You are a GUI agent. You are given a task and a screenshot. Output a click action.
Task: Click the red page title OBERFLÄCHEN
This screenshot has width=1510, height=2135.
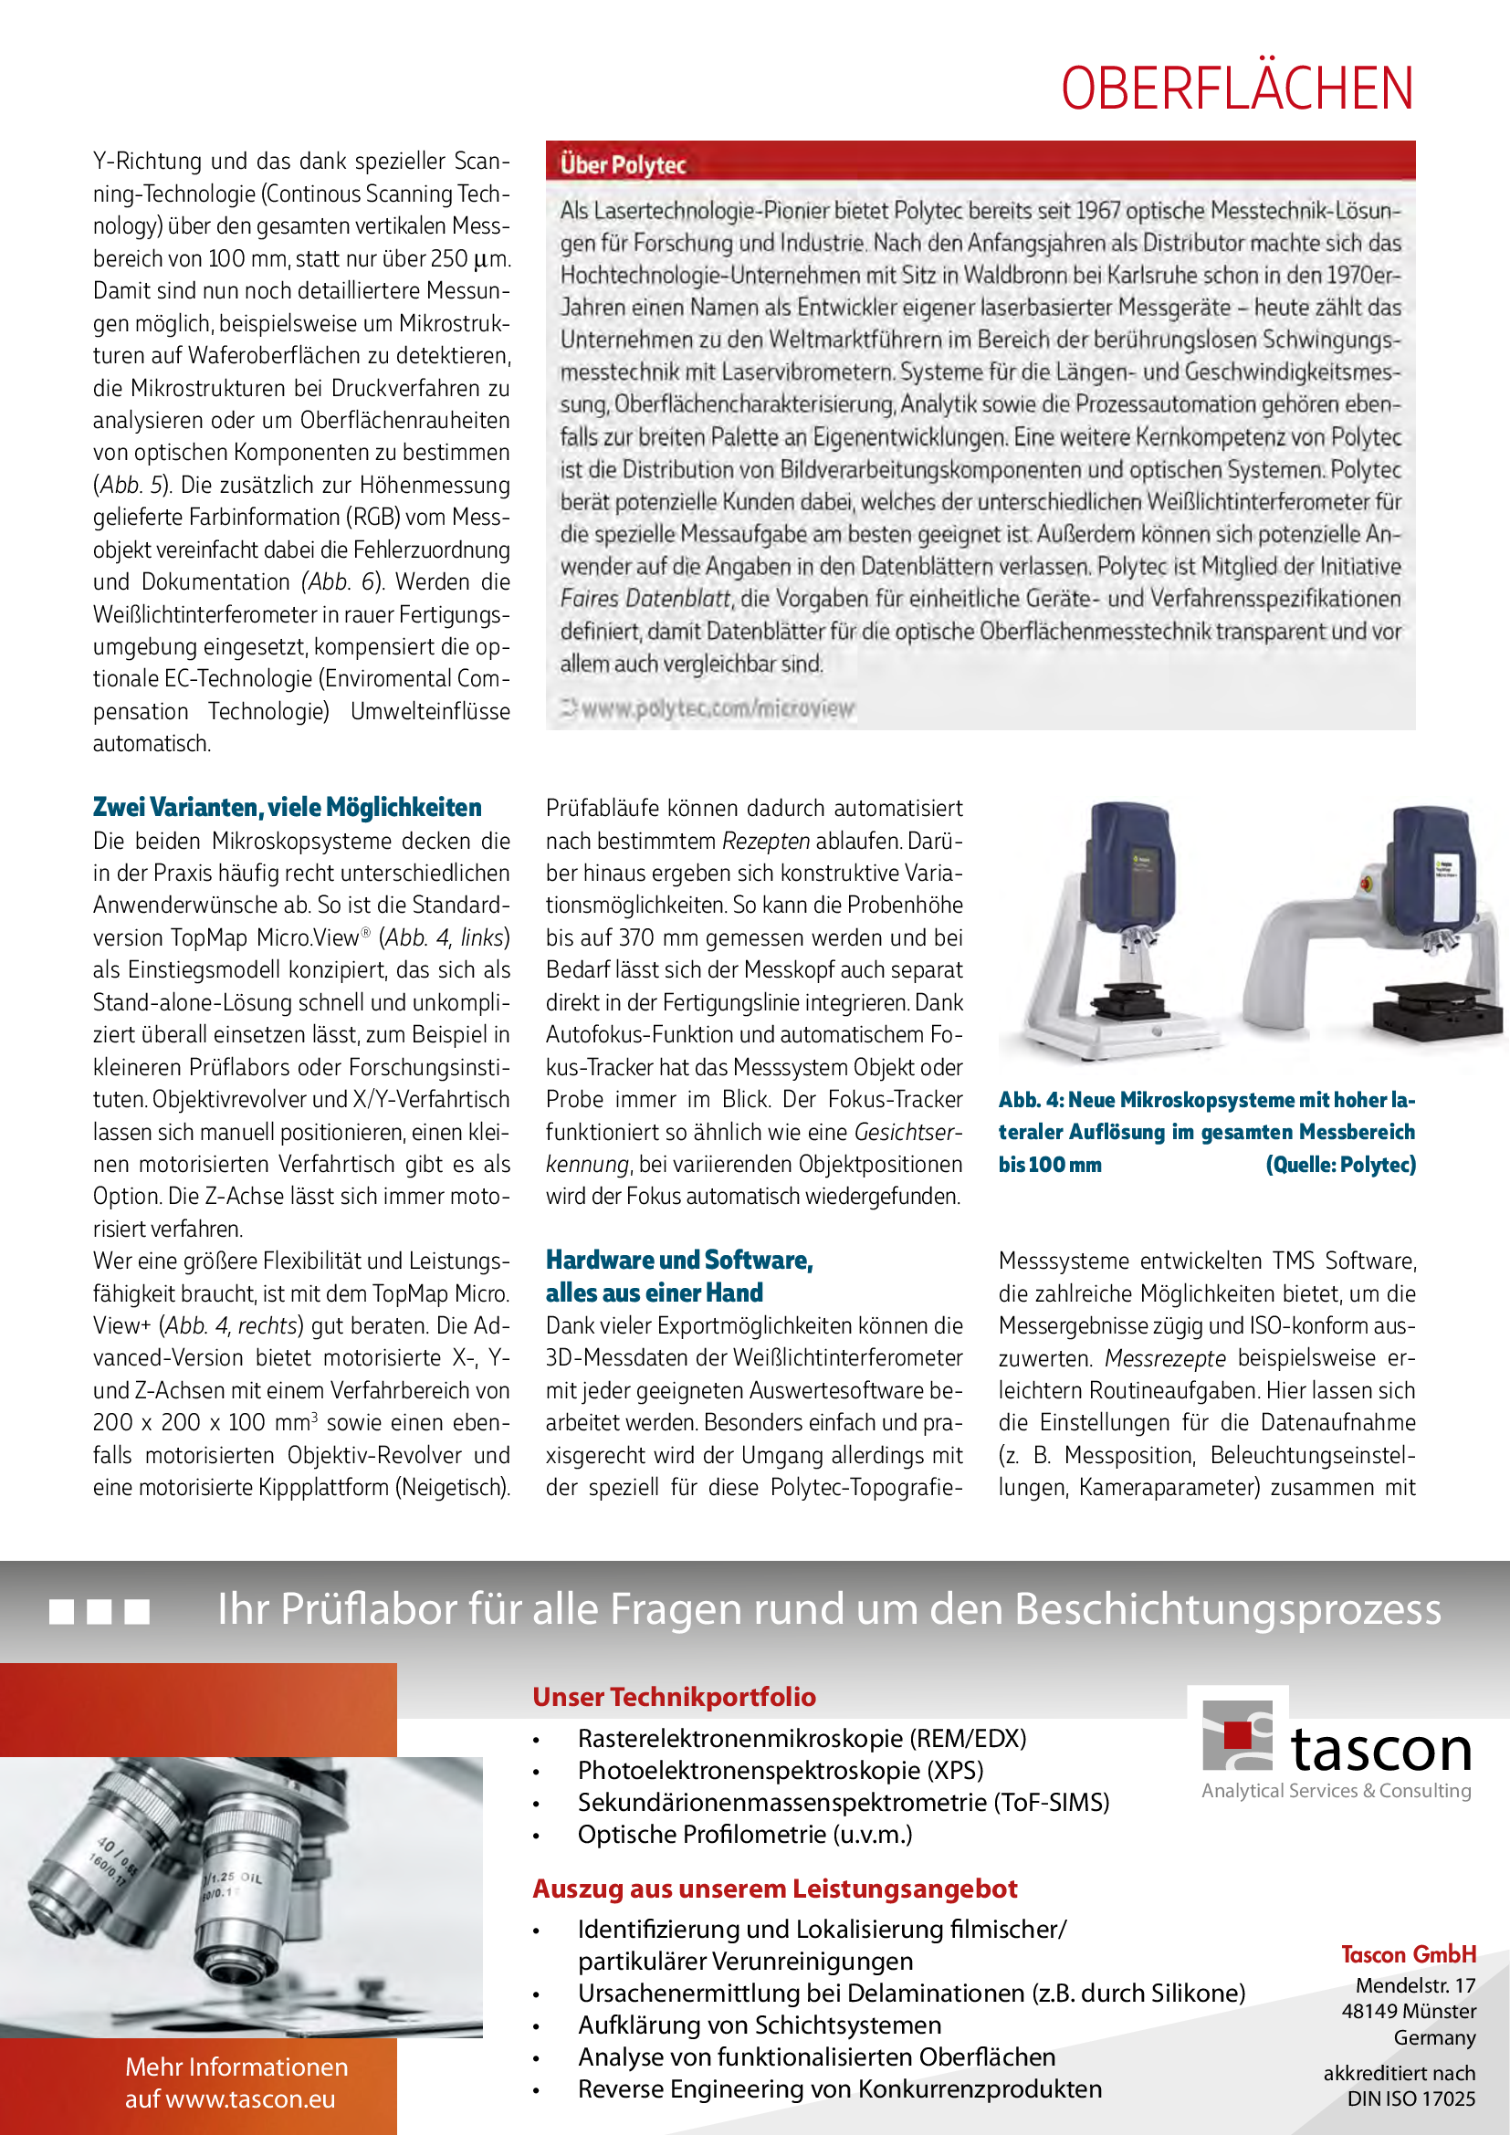[x=1237, y=89]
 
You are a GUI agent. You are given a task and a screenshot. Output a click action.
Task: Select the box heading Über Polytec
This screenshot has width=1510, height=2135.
[x=622, y=165]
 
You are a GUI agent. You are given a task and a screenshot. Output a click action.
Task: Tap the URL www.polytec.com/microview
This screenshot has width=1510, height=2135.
[x=717, y=708]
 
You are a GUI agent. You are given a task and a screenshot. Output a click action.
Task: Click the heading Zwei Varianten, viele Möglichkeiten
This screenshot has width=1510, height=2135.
[x=287, y=807]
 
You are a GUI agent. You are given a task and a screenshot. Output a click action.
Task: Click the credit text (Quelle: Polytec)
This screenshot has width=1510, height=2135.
[x=1340, y=1165]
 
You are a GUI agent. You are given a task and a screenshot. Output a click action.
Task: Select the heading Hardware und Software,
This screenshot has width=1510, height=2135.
[x=678, y=1260]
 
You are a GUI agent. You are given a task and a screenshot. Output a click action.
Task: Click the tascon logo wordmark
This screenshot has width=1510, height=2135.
[x=1380, y=1751]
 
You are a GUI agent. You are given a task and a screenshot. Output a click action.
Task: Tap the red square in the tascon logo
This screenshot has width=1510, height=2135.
[x=1237, y=1735]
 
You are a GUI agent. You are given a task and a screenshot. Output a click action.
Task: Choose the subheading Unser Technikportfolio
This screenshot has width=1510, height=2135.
[x=674, y=1697]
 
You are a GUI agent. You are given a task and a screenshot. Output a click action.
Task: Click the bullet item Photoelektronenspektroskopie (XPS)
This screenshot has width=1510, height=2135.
[x=780, y=1771]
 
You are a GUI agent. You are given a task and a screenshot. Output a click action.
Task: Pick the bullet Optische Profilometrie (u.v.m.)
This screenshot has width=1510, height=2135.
[x=745, y=1835]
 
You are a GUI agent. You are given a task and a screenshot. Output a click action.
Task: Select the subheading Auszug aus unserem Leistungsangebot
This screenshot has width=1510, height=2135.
[x=774, y=1889]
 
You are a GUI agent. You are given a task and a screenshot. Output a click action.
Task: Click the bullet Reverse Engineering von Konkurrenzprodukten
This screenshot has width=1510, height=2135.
[x=840, y=2089]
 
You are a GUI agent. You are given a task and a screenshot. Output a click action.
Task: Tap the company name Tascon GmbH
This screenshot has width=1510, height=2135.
[x=1408, y=1954]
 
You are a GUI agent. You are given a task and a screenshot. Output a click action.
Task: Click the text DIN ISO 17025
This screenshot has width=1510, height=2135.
[x=1410, y=2098]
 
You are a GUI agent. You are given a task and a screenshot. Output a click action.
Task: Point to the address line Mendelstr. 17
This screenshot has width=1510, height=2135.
[x=1415, y=1986]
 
